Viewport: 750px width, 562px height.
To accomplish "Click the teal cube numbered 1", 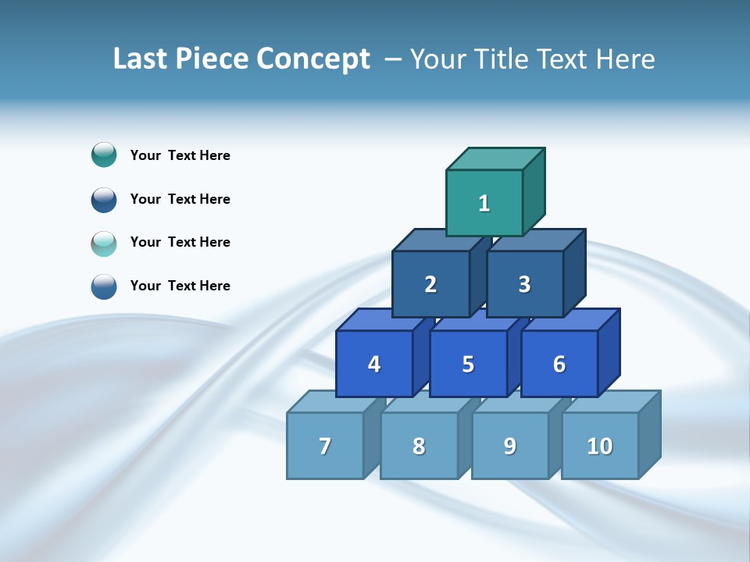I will pos(484,203).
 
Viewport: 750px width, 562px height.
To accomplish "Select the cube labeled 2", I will pos(430,284).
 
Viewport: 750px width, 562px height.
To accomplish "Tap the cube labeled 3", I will pos(524,284).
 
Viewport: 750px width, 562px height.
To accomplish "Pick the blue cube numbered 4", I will pos(374,364).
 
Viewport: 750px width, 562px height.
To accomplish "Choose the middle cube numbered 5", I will pos(468,364).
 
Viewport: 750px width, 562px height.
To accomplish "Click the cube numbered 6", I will pos(559,364).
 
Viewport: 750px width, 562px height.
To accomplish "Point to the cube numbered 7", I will pos(325,446).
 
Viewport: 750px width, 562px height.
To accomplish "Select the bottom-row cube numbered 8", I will pos(419,446).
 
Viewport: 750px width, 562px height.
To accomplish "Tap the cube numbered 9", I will pos(509,446).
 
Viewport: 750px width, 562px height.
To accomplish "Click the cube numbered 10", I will pos(599,446).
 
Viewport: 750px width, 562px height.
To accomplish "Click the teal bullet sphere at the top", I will pos(104,155).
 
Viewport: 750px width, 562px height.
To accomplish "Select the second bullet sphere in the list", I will pos(104,199).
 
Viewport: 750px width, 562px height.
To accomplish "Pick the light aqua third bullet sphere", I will pos(104,243).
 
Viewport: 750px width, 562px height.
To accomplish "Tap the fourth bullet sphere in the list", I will pos(104,286).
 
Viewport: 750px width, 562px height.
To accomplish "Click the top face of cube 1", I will pos(495,159).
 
